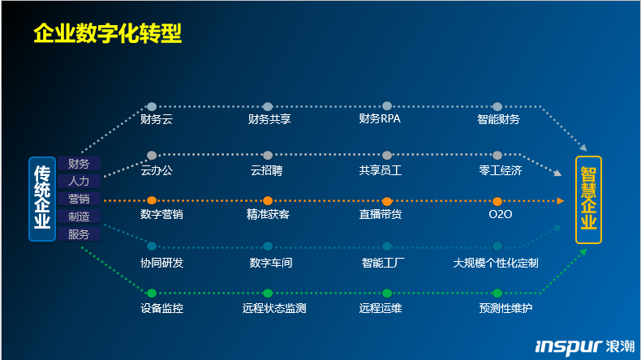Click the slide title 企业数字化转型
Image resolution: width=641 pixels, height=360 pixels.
pos(108,33)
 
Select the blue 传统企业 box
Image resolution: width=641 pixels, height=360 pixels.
pos(42,199)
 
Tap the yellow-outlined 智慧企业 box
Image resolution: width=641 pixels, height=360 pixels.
pos(588,199)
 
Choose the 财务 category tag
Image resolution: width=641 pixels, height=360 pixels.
pos(79,164)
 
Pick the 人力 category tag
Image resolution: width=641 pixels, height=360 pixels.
pos(79,182)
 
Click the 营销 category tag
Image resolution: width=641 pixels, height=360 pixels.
pos(79,199)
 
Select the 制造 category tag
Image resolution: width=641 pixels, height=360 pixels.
pos(79,216)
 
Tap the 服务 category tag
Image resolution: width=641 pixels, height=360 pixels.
pos(79,234)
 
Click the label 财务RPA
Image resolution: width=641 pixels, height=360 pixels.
pos(380,119)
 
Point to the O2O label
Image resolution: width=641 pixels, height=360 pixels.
pos(501,214)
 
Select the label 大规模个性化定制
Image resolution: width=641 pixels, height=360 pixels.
pos(496,263)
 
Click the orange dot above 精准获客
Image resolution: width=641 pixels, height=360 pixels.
pos(268,200)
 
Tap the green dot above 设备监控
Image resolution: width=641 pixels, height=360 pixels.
pos(152,293)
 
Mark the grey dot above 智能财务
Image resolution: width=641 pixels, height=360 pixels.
pos(497,107)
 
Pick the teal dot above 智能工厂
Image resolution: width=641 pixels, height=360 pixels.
pos(387,246)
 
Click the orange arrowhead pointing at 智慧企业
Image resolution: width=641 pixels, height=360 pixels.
pos(561,200)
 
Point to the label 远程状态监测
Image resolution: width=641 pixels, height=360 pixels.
pos(274,308)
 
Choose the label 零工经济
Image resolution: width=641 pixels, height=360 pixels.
pos(501,170)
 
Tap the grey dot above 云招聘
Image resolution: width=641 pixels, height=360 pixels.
pos(268,156)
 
